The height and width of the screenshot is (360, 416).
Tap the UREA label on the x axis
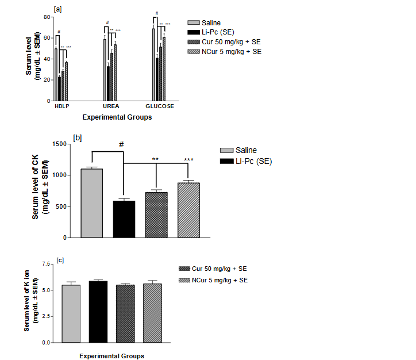[x=111, y=106]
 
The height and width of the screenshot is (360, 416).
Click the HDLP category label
[x=61, y=106]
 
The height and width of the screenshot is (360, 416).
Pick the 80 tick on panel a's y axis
[x=47, y=17]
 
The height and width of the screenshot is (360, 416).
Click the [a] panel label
[x=57, y=9]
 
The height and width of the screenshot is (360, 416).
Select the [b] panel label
[x=78, y=138]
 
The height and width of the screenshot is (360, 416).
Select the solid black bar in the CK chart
[x=124, y=219]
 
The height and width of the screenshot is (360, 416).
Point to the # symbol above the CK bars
[x=121, y=145]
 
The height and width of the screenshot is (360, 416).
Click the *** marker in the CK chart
[x=188, y=159]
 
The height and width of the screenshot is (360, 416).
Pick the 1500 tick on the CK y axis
[x=59, y=143]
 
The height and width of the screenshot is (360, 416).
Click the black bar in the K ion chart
[x=99, y=311]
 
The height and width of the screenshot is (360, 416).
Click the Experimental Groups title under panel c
[x=111, y=356]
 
